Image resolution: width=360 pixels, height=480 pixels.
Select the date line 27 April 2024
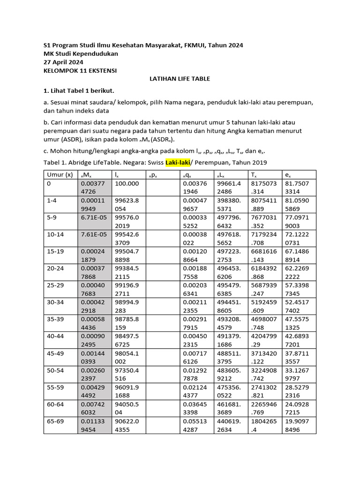[x=63, y=62]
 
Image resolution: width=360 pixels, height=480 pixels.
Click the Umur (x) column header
[x=60, y=175]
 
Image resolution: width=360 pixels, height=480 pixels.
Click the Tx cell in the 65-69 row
[x=265, y=424]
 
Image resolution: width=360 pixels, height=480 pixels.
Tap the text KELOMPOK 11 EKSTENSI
[x=80, y=70]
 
